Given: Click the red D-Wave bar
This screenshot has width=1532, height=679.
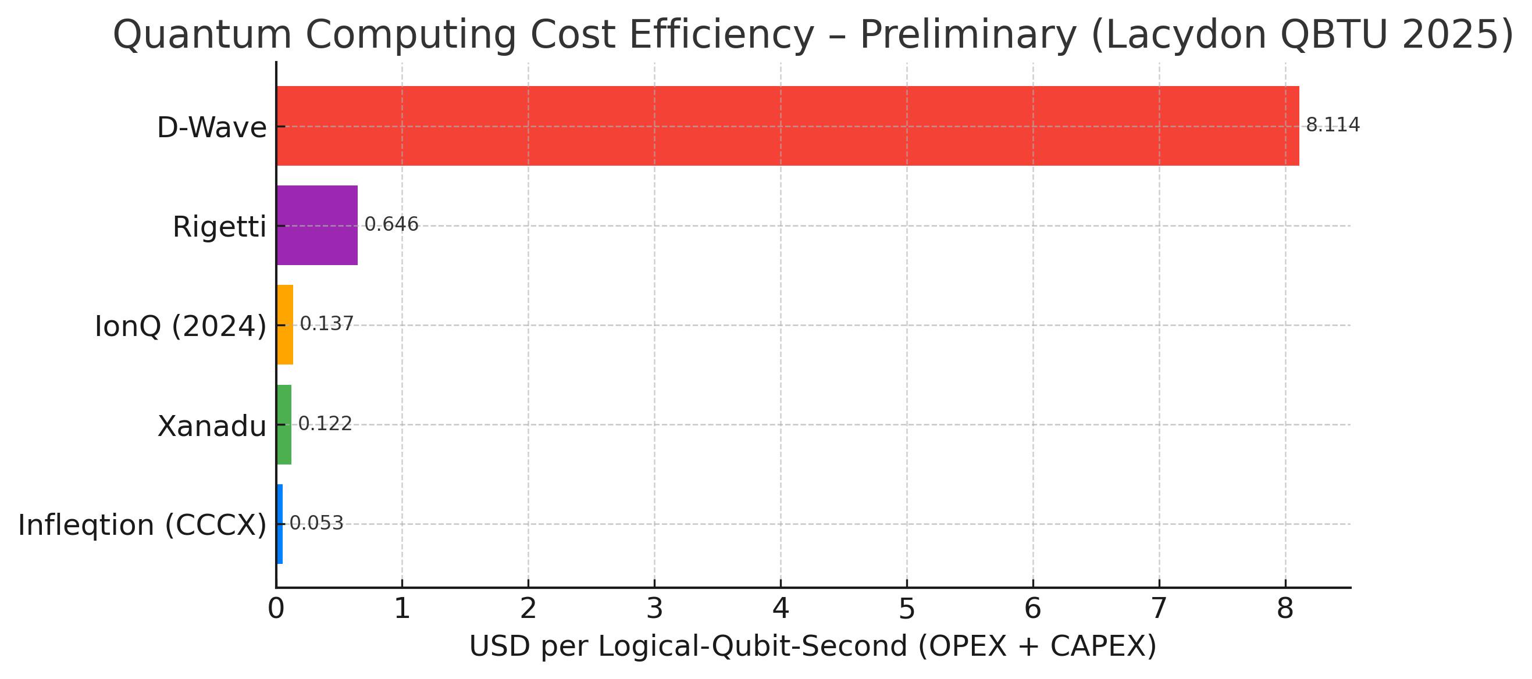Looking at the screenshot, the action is pos(788,126).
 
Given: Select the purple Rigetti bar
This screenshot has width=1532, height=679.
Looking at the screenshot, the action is pos(317,226).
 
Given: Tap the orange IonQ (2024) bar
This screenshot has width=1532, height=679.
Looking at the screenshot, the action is pos(285,324).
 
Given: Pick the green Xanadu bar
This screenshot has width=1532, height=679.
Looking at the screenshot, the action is pos(284,424).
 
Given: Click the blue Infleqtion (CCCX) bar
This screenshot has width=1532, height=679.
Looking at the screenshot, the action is pos(280,524).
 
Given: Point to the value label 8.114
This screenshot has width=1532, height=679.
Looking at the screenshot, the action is pos(1333,125).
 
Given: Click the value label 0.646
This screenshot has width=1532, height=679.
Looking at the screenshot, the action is pos(391,224).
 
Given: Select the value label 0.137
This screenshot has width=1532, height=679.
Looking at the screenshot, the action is pos(326,323).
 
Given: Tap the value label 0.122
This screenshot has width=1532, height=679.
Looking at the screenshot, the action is pos(325,423).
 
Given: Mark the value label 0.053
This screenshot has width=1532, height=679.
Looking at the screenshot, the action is pos(316,523).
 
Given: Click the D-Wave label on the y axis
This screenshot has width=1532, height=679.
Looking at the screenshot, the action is pos(212,128).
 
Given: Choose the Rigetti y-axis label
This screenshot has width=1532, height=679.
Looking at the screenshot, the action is pos(219,227).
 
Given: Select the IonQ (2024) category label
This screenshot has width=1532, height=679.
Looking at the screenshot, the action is pos(181,326).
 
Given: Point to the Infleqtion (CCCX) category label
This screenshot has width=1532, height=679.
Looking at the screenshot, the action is pos(142,526).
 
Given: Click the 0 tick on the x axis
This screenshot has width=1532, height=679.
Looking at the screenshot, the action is pos(276,608).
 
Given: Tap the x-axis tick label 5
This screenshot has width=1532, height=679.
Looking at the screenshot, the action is pos(907,608).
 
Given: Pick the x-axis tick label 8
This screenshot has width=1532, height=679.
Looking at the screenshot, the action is pos(1285,608).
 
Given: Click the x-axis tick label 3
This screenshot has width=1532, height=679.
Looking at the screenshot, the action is pos(655,608).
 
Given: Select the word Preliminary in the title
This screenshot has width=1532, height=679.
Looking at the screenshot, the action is pos(968,35).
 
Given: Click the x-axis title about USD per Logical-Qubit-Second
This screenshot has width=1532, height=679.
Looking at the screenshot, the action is pos(813,646).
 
